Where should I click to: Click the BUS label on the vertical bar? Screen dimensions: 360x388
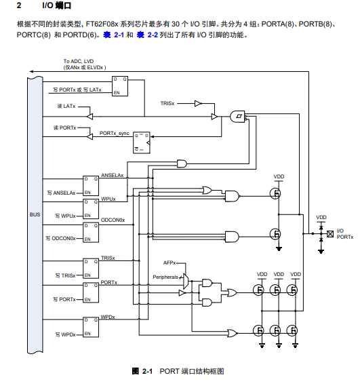click(35, 214)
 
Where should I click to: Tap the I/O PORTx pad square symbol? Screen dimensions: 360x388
click(330, 233)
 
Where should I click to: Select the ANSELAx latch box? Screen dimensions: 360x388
click(91, 186)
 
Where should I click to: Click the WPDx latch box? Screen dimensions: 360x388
click(91, 327)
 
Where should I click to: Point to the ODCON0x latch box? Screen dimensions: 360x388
click(91, 233)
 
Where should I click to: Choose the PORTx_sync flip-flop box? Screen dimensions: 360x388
click(142, 142)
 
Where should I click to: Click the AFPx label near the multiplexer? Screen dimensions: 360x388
click(169, 263)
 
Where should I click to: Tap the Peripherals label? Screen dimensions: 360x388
click(165, 277)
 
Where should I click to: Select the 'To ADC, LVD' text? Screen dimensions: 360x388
click(79, 61)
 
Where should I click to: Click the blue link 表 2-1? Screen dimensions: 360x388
click(113, 35)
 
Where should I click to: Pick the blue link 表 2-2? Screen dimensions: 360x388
click(147, 35)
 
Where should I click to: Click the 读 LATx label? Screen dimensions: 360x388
click(66, 106)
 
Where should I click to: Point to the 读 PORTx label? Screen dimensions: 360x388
click(65, 128)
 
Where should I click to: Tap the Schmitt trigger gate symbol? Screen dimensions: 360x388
click(237, 116)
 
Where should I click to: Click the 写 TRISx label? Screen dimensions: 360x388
click(65, 275)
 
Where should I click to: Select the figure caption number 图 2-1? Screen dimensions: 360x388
click(142, 371)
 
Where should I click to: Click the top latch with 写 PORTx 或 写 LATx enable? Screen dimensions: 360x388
click(120, 86)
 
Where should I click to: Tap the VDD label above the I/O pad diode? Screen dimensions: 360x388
click(321, 217)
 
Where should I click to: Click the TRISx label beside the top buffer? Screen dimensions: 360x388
click(167, 103)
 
